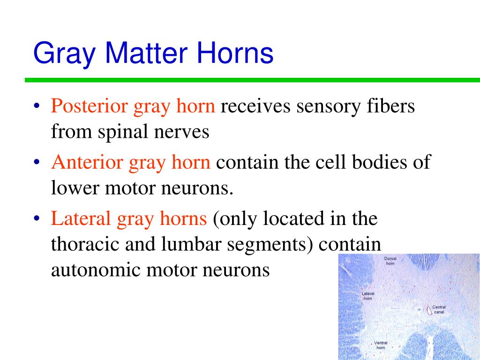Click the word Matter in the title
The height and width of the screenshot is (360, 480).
(146, 52)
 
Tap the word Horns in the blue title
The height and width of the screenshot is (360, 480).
(235, 52)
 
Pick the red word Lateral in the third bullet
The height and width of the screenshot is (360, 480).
(81, 218)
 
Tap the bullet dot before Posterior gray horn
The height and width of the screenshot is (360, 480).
(37, 106)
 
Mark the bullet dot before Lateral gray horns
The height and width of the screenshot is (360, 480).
(37, 218)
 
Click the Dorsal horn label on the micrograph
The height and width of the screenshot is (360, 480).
(390, 261)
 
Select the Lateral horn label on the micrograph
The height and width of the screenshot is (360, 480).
(367, 296)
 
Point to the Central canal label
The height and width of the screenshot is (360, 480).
(439, 309)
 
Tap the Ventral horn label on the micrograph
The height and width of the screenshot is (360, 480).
(381, 345)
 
